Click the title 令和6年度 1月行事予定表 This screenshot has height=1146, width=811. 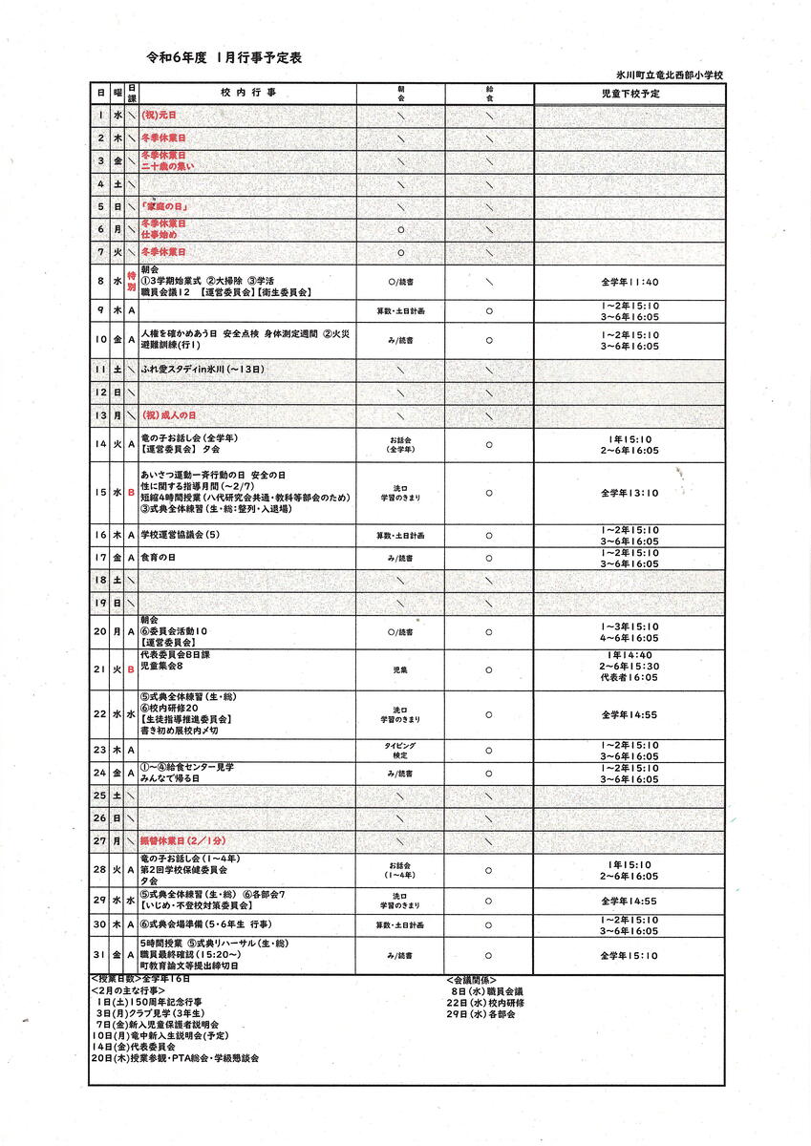pyautogui.click(x=224, y=58)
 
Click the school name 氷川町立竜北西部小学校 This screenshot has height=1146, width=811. pyautogui.click(x=670, y=74)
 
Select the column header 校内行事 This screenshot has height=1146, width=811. pyautogui.click(x=246, y=94)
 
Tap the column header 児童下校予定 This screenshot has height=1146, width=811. pyautogui.click(x=630, y=94)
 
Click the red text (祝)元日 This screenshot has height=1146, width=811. pyautogui.click(x=160, y=116)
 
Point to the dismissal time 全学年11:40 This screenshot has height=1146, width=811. pyautogui.click(x=630, y=282)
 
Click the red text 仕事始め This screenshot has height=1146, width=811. pyautogui.click(x=159, y=235)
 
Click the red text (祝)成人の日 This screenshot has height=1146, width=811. pyautogui.click(x=169, y=415)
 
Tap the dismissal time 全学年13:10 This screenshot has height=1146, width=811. pyautogui.click(x=630, y=493)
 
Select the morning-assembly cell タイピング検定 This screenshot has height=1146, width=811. pyautogui.click(x=400, y=750)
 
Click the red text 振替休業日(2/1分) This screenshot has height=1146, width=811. pyautogui.click(x=182, y=840)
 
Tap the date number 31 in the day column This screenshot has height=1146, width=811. pyautogui.click(x=99, y=955)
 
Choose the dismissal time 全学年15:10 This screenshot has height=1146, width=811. pyautogui.click(x=630, y=955)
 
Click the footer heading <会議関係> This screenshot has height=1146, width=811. pyautogui.click(x=470, y=980)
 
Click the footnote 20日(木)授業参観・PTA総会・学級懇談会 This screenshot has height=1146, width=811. pyautogui.click(x=175, y=1058)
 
